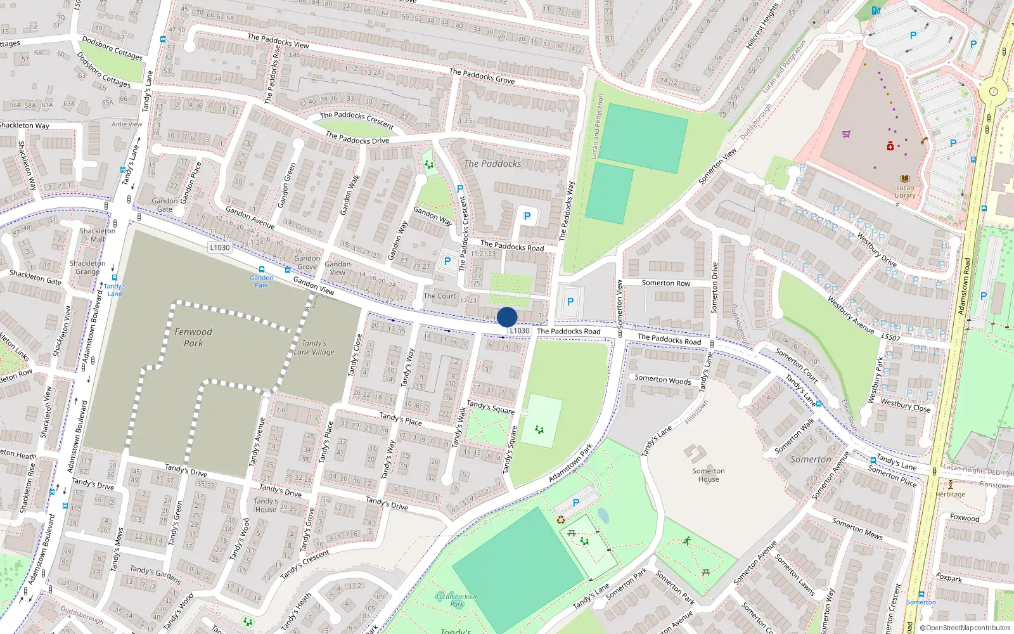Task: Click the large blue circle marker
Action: (x=507, y=317)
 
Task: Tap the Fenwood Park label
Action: (x=193, y=337)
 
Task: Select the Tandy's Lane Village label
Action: (x=314, y=347)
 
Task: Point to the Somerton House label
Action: (x=709, y=475)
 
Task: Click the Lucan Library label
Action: (x=905, y=191)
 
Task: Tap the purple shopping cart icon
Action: (x=846, y=134)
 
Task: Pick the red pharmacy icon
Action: (x=890, y=146)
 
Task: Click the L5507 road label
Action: (x=890, y=337)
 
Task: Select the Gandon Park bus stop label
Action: (x=262, y=281)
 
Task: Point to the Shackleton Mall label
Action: (x=98, y=235)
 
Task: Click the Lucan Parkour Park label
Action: (x=456, y=600)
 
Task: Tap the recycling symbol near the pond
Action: (x=561, y=520)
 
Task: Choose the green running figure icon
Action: (x=687, y=541)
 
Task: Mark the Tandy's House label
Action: (x=266, y=505)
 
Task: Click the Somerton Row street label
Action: (x=665, y=283)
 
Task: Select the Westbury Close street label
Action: (x=906, y=405)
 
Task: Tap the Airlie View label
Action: (x=127, y=124)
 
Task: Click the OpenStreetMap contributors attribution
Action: (x=965, y=628)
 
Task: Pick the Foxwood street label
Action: (x=965, y=518)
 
